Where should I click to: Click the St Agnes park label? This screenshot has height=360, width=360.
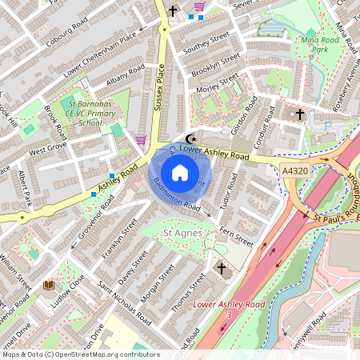coord(181,232)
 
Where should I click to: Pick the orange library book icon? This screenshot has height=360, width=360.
coord(48,284)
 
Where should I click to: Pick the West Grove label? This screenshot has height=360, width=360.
coord(48,149)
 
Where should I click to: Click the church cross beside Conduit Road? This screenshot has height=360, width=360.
coord(300,114)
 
